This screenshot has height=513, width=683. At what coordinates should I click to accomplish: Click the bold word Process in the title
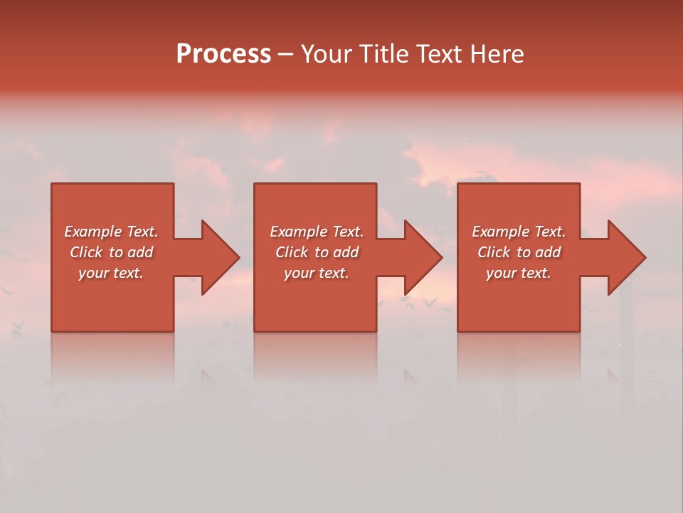click(x=223, y=54)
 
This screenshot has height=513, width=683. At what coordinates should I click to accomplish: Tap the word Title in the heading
click(x=385, y=54)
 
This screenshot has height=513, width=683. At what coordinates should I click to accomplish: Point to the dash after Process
click(x=285, y=55)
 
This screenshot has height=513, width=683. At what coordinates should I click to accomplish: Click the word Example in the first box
click(x=93, y=232)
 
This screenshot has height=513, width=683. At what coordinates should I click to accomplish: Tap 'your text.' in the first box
click(x=111, y=273)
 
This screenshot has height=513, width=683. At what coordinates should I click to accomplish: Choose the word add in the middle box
click(x=345, y=252)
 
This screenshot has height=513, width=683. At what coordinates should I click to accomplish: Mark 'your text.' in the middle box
click(x=317, y=273)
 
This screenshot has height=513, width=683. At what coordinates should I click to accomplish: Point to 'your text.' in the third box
click(x=519, y=273)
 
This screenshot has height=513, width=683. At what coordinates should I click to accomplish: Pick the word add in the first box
click(x=139, y=252)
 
